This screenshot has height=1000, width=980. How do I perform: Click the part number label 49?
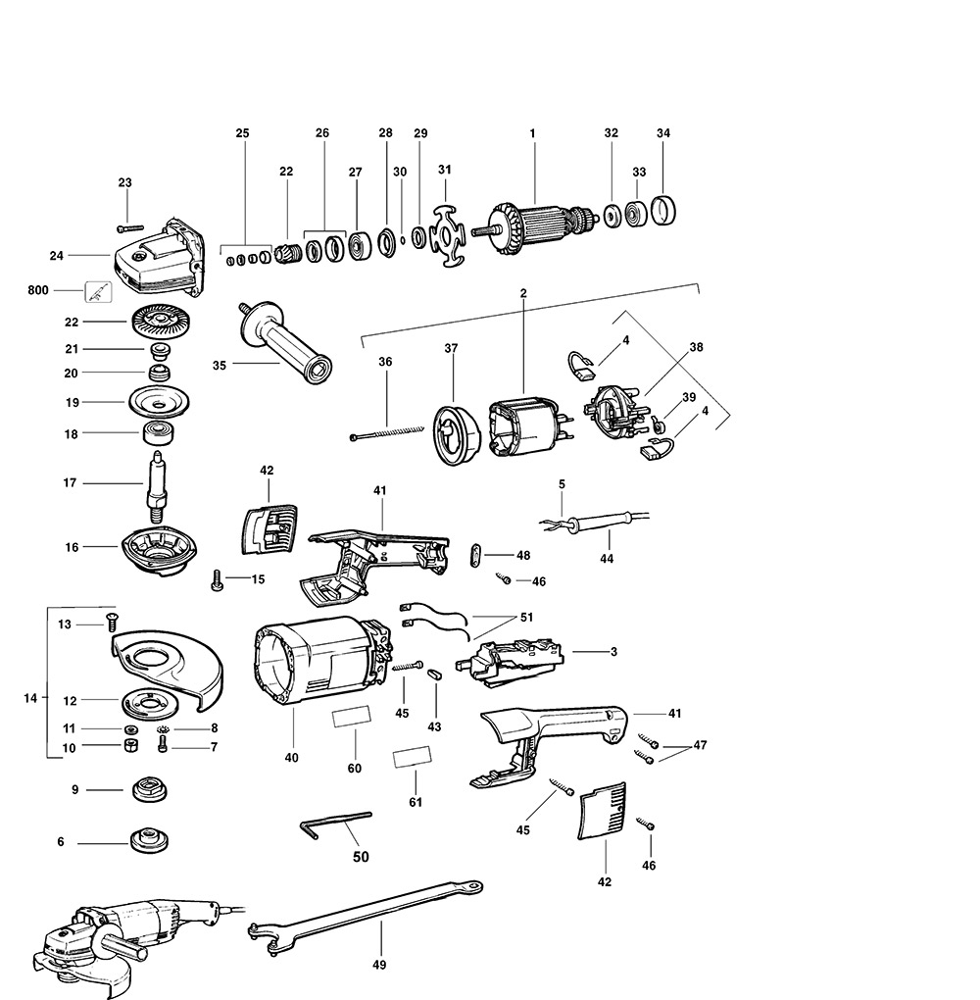(x=380, y=965)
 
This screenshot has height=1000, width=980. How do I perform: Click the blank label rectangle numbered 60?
(x=352, y=717)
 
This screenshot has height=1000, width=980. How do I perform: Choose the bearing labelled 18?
(x=156, y=432)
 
